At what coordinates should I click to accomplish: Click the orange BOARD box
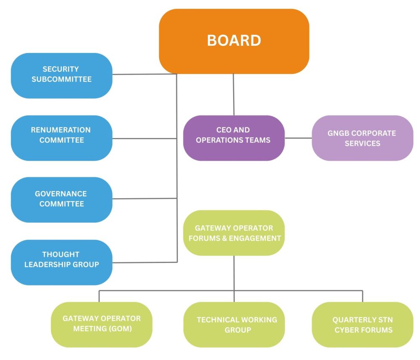(234, 41)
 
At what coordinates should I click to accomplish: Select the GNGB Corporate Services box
(362, 138)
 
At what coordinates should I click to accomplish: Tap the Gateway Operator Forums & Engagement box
(234, 233)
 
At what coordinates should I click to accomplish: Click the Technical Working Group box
(234, 324)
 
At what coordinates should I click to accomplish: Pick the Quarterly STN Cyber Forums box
(362, 324)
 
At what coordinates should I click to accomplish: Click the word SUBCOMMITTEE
(61, 79)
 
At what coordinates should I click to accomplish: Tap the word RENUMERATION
(60, 130)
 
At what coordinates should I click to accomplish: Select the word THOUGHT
(60, 255)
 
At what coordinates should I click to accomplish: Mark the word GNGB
(339, 133)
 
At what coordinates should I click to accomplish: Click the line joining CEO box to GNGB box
(298, 138)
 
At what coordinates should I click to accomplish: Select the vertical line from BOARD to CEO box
(234, 95)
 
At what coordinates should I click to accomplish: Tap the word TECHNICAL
(218, 320)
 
